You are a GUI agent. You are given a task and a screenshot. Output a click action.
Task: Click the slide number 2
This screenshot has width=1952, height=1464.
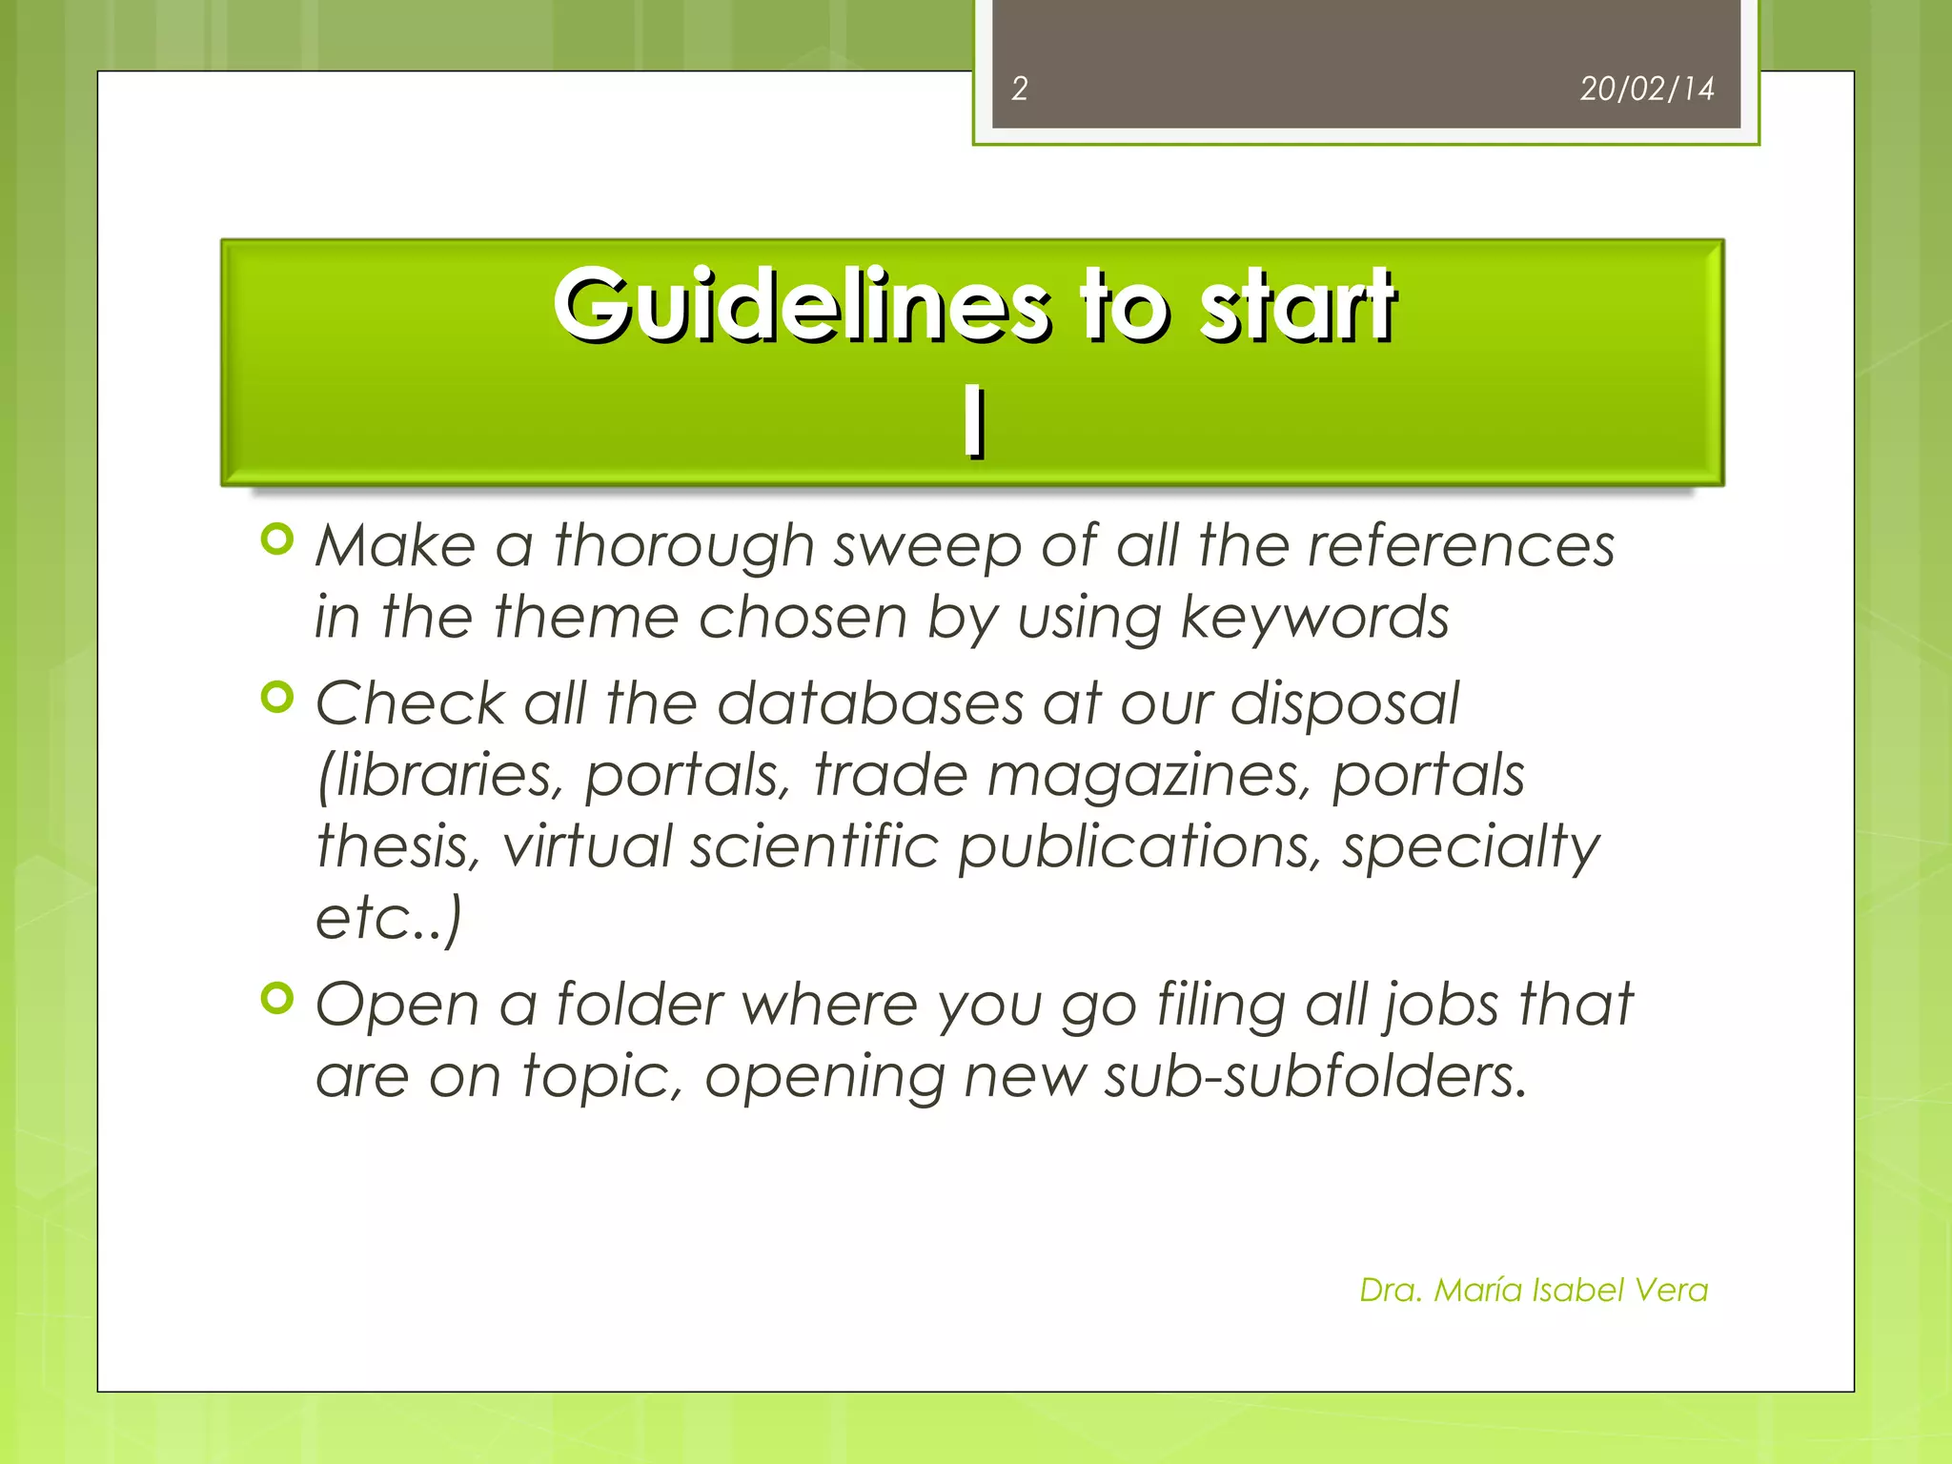1019,89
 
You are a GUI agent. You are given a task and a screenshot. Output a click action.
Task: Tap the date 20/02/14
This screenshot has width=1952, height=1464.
1646,89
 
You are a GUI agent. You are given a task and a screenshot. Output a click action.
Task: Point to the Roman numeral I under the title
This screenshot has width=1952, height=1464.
973,422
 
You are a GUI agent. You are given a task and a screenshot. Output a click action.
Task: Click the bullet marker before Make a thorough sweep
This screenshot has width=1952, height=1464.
276,540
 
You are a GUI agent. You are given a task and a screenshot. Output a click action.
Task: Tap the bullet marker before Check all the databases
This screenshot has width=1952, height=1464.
276,699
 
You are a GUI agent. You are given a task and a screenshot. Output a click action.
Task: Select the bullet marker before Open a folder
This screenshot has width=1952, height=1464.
276,999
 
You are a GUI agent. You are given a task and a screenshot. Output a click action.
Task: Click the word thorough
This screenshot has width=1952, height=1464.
683,546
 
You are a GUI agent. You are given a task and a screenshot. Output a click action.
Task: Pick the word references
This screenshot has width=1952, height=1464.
1460,546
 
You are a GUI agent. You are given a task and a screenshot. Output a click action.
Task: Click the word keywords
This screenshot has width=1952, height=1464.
1314,618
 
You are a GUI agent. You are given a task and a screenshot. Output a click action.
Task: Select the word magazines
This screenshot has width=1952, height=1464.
1144,775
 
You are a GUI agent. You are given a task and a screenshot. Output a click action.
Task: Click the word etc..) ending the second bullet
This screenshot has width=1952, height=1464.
389,918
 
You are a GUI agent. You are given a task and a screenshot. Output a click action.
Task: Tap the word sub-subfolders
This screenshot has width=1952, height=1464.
1315,1076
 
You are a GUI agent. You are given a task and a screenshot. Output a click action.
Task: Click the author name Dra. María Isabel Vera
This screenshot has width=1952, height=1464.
1533,1290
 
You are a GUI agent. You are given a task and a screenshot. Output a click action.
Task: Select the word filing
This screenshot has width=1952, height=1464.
1221,1006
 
